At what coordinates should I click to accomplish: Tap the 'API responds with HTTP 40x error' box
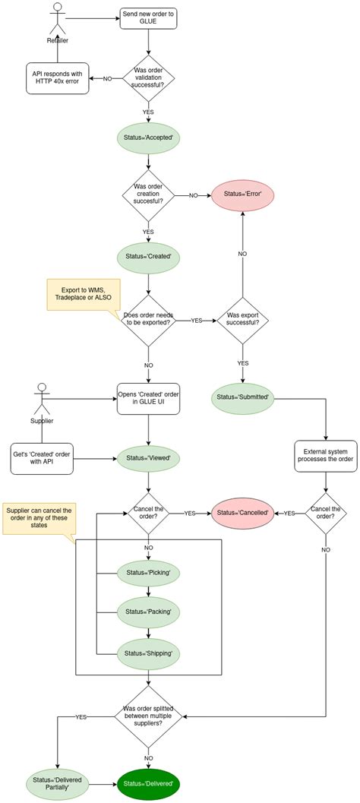pos(56,77)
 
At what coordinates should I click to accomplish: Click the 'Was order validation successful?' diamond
pos(148,77)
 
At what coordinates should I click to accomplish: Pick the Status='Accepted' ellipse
pos(148,138)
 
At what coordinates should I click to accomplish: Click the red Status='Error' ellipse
pos(243,195)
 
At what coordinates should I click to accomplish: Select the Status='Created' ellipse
pos(148,256)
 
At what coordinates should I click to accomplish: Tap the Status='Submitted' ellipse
pos(243,398)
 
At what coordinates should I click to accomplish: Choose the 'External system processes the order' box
pos(325,456)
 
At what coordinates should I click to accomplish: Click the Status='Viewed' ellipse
pos(148,458)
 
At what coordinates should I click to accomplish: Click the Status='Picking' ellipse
pos(148,571)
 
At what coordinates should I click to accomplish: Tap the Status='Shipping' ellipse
pos(148,652)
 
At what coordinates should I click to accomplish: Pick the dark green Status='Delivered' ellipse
pos(149,782)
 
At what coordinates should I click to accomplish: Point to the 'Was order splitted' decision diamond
pos(149,716)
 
